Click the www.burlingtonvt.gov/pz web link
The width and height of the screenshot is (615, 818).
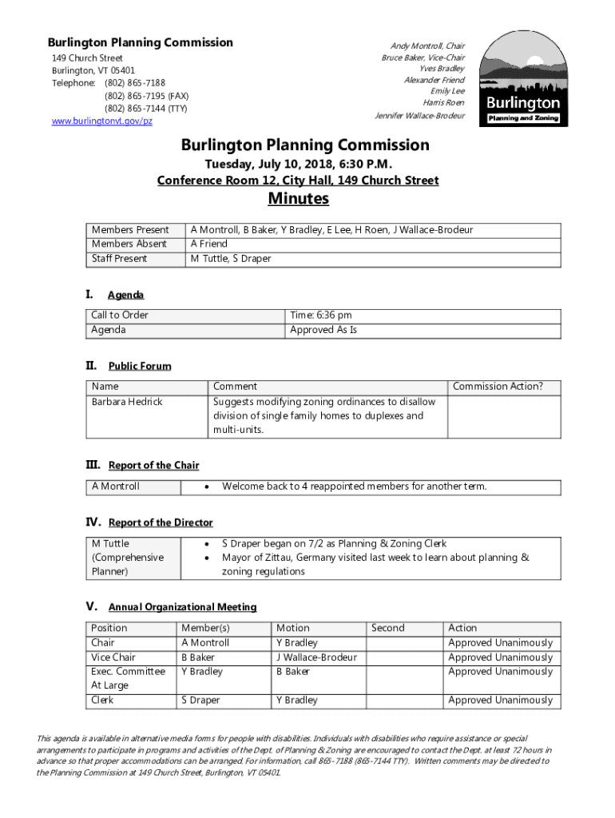click(101, 121)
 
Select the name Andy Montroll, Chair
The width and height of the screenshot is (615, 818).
click(427, 46)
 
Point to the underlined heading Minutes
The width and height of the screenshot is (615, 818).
click(298, 198)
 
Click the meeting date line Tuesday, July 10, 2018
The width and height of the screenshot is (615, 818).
click(298, 164)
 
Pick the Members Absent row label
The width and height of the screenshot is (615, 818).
click(129, 244)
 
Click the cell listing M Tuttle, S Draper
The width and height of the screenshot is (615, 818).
click(230, 259)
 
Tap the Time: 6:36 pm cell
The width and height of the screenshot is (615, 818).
click(321, 316)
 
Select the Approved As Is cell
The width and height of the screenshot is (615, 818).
click(323, 330)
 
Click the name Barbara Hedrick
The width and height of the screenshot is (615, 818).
click(127, 402)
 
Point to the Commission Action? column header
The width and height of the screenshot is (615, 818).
click(498, 387)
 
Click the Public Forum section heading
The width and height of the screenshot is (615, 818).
click(140, 366)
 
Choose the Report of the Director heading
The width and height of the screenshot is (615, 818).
click(161, 522)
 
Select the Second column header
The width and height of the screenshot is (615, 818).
click(388, 628)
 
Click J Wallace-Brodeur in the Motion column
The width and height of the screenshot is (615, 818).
click(316, 657)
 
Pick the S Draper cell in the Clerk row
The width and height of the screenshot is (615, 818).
click(200, 701)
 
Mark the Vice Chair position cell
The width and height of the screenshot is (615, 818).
click(113, 657)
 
